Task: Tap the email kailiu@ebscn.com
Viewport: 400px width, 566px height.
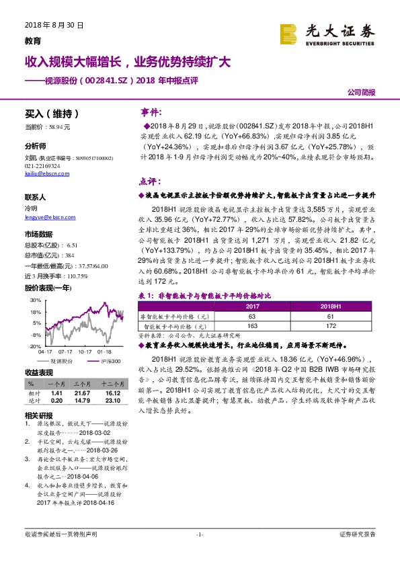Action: [x=42, y=173]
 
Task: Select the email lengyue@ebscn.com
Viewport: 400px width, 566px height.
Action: [x=45, y=215]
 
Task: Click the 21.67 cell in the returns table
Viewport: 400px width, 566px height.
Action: [x=83, y=392]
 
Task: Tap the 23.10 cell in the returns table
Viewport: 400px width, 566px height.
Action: [x=112, y=401]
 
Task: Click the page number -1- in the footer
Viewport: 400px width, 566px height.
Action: [x=199, y=534]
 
